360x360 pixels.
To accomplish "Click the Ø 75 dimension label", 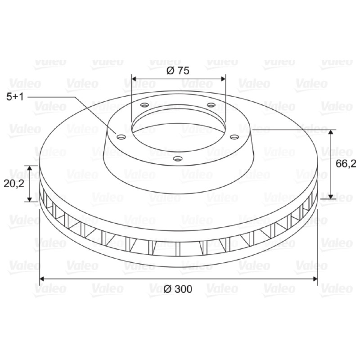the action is pyautogui.click(x=178, y=71).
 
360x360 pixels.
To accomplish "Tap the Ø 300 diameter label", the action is pyautogui.click(x=178, y=289).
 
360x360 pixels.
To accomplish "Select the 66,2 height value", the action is pyautogui.click(x=346, y=164).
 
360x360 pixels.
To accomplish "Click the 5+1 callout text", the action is pyautogui.click(x=15, y=97).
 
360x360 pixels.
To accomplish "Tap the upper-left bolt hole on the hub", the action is pyautogui.click(x=144, y=105).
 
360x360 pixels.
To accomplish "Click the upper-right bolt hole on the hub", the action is pyautogui.click(x=211, y=105).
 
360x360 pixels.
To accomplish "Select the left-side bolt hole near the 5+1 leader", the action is pyautogui.click(x=121, y=137).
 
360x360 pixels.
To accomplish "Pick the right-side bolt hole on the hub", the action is pyautogui.click(x=234, y=137).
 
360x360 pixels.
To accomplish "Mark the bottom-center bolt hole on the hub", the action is pyautogui.click(x=178, y=158).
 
